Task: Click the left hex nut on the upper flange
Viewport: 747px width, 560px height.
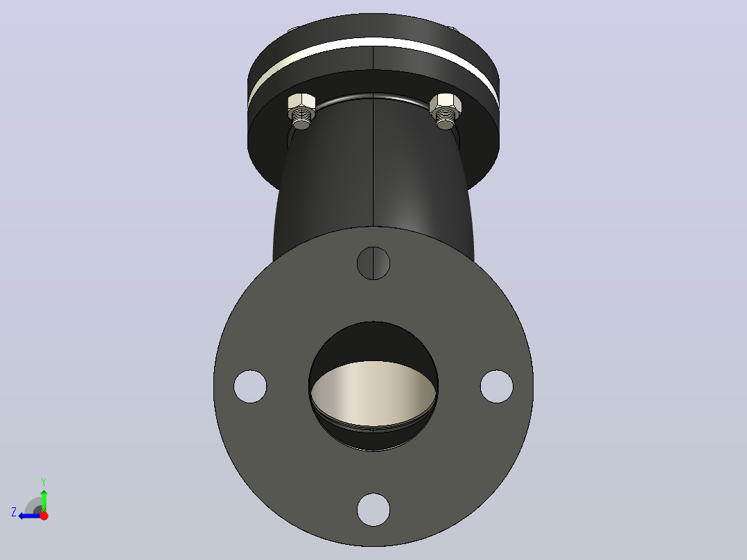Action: point(301,103)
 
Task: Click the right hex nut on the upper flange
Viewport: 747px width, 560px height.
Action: point(446,104)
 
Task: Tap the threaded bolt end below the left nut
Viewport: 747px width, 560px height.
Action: point(301,119)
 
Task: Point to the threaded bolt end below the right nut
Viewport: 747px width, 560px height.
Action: point(445,119)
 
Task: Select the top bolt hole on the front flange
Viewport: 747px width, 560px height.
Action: point(373,263)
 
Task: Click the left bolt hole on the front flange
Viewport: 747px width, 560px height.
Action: point(250,387)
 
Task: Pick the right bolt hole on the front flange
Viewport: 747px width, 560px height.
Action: point(497,387)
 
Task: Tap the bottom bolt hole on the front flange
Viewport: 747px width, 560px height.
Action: point(373,510)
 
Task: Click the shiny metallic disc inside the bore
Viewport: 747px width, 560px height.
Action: point(373,394)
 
